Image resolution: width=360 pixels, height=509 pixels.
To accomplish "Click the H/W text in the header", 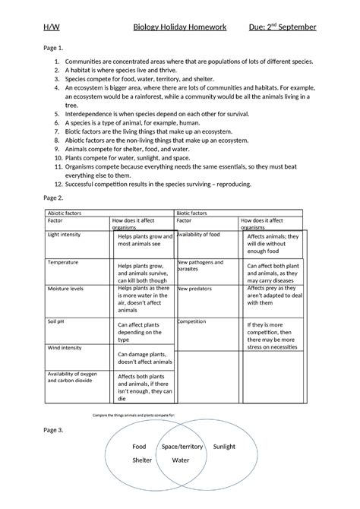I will point(50,27).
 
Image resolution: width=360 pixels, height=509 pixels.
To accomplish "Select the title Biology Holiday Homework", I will point(180,27).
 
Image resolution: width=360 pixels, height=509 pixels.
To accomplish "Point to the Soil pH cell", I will point(58,321).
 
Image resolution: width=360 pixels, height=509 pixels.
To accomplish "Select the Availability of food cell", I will point(199,235).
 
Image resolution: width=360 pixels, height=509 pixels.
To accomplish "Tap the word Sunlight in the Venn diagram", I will point(224,446).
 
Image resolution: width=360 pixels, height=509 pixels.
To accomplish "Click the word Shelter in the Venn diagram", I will point(142,460).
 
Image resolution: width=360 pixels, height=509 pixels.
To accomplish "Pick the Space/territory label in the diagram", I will point(182,447).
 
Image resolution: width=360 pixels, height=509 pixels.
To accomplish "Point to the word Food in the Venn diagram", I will point(139,447).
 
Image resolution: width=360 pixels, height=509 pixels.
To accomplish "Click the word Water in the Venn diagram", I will point(181,460).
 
